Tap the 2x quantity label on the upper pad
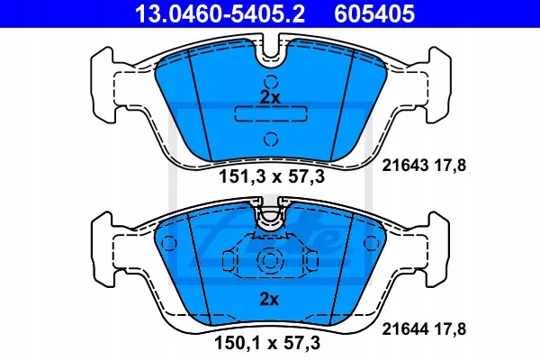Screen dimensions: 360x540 (270, 96)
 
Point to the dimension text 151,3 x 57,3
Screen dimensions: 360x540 (270, 177)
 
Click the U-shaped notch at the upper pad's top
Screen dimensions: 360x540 (270, 57)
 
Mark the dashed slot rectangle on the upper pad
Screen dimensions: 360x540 (270, 115)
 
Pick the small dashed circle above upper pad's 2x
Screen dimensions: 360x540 (270, 76)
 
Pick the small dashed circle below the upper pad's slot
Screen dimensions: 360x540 (270, 138)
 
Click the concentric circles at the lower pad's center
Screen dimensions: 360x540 (270, 262)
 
